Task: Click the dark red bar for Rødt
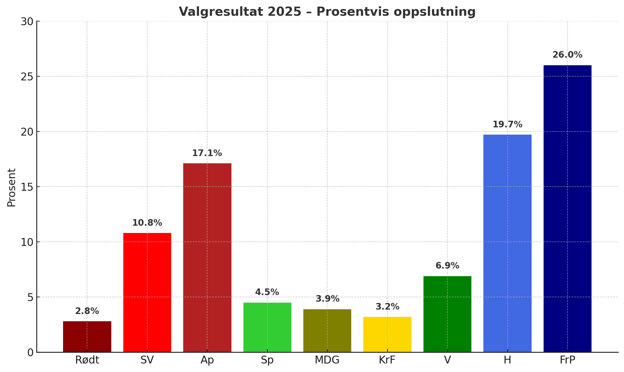(87, 336)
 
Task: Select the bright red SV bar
(147, 292)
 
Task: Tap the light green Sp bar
(267, 327)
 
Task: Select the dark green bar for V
(447, 314)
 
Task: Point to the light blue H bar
(507, 243)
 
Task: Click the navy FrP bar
(568, 208)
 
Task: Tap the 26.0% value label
(568, 55)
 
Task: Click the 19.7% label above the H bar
(507, 125)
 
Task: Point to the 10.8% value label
(147, 223)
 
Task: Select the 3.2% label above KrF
(387, 307)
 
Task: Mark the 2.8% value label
(87, 311)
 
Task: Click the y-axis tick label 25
(27, 77)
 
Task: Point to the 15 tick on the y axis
(27, 187)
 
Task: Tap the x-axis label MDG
(327, 360)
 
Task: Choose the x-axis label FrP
(568, 360)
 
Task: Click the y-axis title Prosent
(11, 187)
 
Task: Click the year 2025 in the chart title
(284, 12)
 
